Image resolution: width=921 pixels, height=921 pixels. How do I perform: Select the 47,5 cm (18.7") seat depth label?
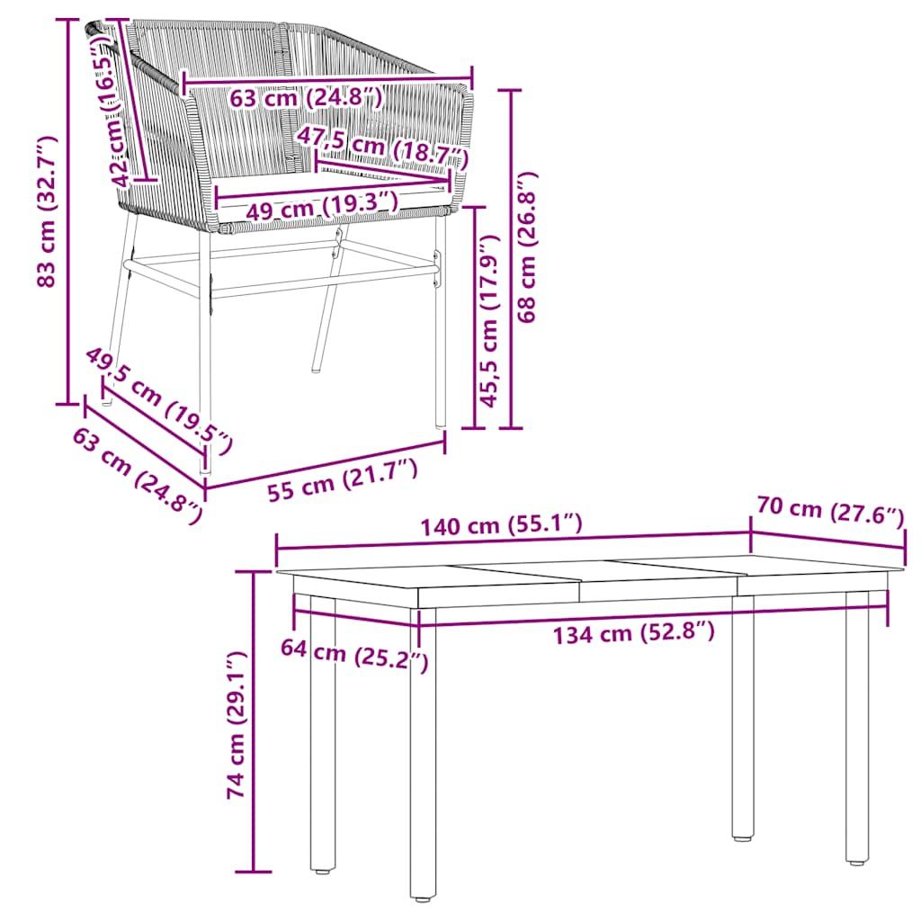click(382, 147)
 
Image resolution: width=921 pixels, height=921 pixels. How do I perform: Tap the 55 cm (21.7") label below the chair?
click(343, 480)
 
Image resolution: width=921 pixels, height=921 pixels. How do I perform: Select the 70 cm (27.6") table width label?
click(829, 512)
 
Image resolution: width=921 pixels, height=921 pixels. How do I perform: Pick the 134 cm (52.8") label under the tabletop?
click(633, 633)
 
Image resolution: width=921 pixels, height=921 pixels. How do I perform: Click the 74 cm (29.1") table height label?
click(237, 726)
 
